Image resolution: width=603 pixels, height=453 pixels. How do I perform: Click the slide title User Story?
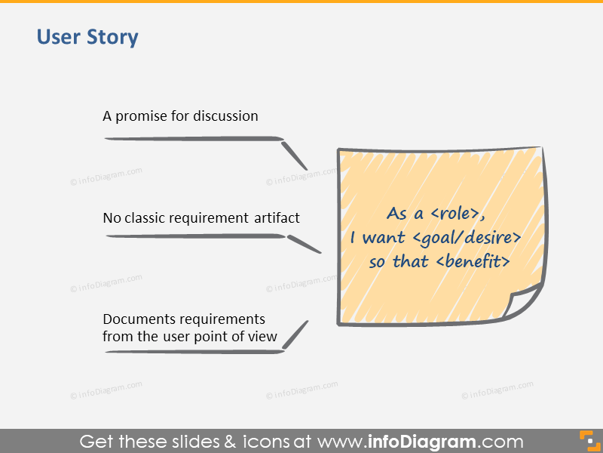coord(87,37)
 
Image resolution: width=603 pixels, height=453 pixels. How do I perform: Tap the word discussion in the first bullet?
coord(225,116)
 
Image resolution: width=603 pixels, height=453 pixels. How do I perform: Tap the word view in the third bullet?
coord(263,337)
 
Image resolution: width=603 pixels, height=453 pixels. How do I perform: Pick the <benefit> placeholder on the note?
coord(473,262)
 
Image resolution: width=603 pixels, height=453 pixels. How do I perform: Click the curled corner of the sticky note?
coord(526,302)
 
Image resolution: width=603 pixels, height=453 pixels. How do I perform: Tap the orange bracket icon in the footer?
coord(586,440)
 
